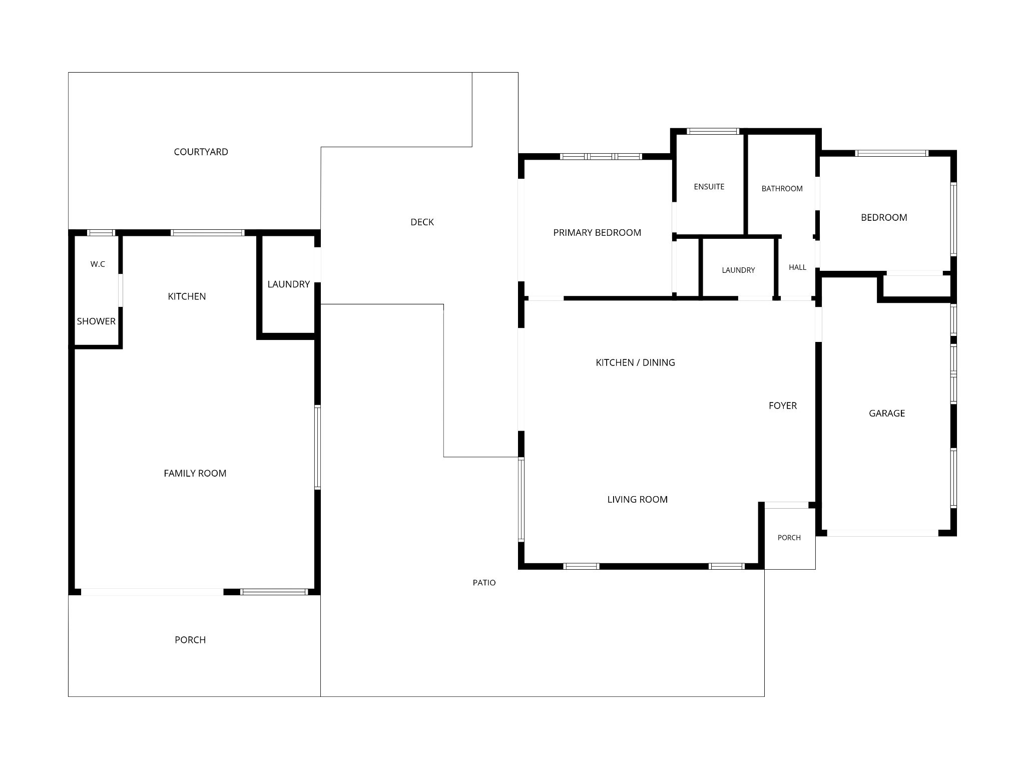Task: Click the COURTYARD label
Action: click(x=201, y=152)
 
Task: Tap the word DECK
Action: click(x=422, y=222)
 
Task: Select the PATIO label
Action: click(x=484, y=583)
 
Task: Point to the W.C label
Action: click(x=98, y=264)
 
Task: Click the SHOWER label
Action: click(x=96, y=321)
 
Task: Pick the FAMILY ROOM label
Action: click(x=195, y=473)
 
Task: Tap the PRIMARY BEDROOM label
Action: click(x=597, y=232)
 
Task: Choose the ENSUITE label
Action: click(x=709, y=187)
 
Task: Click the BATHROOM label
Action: click(x=782, y=189)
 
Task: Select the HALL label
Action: click(x=797, y=267)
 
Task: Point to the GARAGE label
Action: click(x=887, y=414)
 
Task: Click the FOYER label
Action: click(x=783, y=406)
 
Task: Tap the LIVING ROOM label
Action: click(x=637, y=499)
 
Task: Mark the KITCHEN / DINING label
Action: click(x=635, y=362)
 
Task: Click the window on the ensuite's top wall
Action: click(x=713, y=131)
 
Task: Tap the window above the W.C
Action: click(x=101, y=233)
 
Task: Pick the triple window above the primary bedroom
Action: click(x=601, y=157)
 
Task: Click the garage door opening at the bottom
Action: click(x=882, y=533)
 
